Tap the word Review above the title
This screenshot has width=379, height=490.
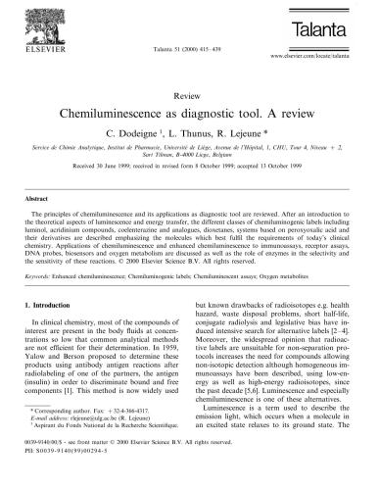pos(188,98)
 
